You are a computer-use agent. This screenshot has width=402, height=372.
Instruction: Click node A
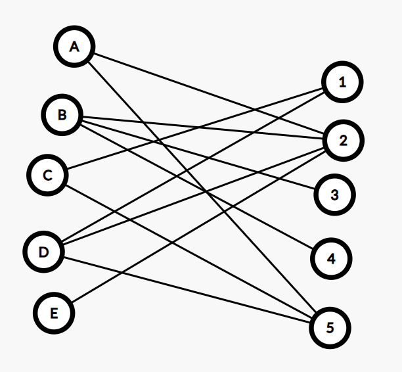click(x=74, y=47)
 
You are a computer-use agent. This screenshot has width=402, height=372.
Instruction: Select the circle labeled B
click(x=62, y=116)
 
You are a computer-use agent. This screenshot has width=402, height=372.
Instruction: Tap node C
click(x=47, y=175)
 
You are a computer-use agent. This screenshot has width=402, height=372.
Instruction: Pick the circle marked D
click(x=43, y=252)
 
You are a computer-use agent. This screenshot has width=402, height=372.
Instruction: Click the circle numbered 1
click(x=342, y=82)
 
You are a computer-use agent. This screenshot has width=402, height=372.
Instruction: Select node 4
click(x=331, y=258)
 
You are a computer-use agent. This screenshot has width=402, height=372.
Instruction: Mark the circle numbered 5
click(x=330, y=327)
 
